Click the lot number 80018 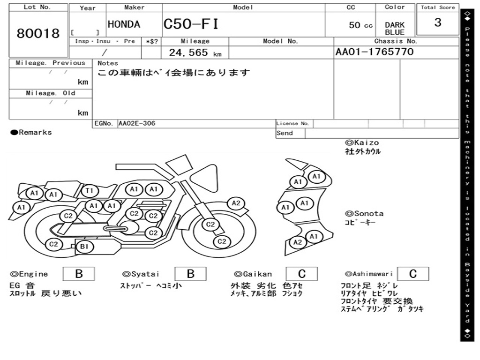click(x=38, y=33)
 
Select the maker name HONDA click(x=124, y=24)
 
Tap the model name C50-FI click(x=191, y=24)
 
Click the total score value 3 click(x=438, y=22)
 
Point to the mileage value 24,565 click(x=188, y=52)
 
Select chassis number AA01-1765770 click(x=375, y=52)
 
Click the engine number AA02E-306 click(x=137, y=123)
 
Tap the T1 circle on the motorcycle click(x=90, y=191)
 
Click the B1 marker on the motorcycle click(x=84, y=247)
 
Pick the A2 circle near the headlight click(x=236, y=203)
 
